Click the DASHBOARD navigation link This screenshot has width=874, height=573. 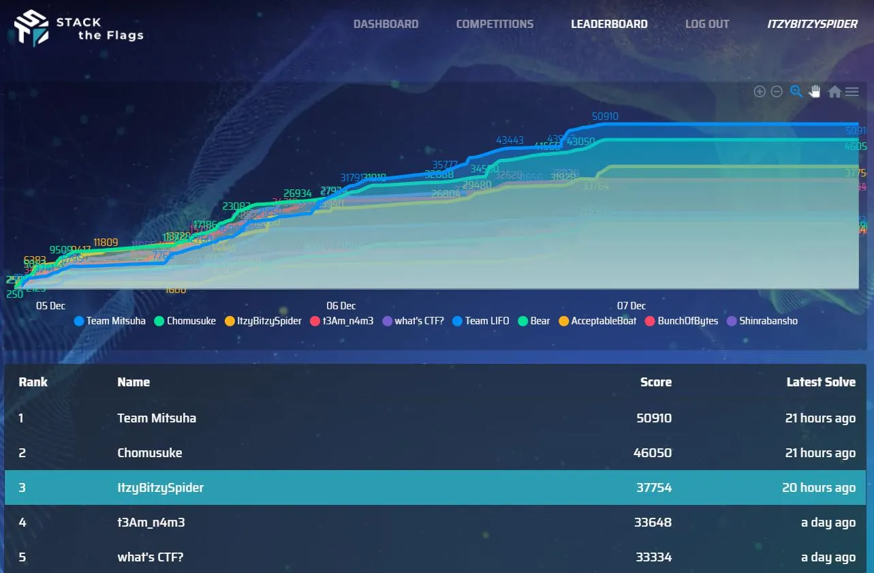(x=386, y=24)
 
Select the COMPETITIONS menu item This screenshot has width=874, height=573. (x=495, y=24)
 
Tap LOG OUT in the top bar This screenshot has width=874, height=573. (x=707, y=24)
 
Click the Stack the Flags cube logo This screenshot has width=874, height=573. (x=32, y=28)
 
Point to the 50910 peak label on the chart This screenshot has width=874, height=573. (x=605, y=117)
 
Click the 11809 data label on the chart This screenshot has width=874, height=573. (x=106, y=242)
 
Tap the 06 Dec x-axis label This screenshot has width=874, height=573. (x=341, y=306)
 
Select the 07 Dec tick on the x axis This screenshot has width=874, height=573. (x=631, y=306)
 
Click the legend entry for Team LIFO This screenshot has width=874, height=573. (x=480, y=321)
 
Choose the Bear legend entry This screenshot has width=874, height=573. (x=534, y=321)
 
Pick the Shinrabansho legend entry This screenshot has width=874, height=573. (x=762, y=321)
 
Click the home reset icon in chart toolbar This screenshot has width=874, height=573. (x=834, y=91)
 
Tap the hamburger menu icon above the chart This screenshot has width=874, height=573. (x=852, y=91)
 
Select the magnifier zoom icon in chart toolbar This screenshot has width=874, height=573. (x=796, y=91)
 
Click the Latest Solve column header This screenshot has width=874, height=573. (x=821, y=382)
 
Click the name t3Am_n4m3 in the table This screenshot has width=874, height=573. (x=151, y=523)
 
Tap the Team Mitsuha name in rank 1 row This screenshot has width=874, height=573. (x=157, y=418)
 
